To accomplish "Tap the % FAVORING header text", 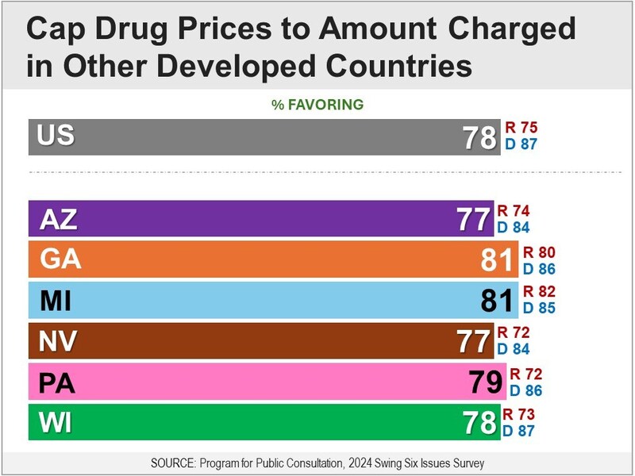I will [x=317, y=104].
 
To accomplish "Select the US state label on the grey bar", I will [x=56, y=136].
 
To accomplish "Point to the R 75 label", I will [x=521, y=129].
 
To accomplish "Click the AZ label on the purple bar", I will [x=58, y=218].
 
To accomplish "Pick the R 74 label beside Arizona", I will [x=513, y=211].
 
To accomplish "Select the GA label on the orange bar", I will [x=60, y=259].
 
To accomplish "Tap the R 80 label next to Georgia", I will [x=539, y=252].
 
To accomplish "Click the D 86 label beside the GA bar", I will [x=539, y=267].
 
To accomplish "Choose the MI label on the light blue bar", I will [x=56, y=301].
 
